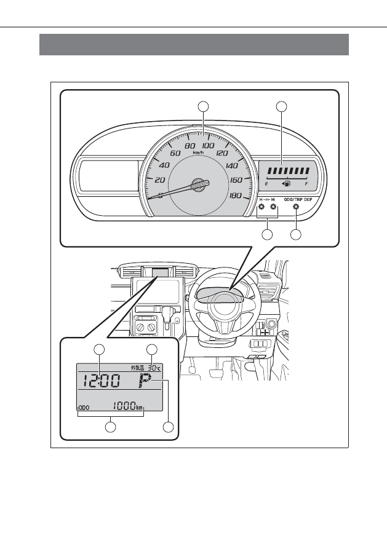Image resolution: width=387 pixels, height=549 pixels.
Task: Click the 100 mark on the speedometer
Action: click(x=209, y=146)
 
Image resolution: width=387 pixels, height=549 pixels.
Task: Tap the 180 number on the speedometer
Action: click(x=236, y=196)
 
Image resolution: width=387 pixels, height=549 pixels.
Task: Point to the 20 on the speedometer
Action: click(x=160, y=180)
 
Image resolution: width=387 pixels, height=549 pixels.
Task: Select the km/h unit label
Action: click(x=198, y=152)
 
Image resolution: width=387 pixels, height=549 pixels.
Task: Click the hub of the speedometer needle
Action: click(x=199, y=184)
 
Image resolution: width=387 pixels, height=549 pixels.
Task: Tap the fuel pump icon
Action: click(x=286, y=183)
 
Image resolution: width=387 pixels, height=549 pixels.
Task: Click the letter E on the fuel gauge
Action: click(x=267, y=184)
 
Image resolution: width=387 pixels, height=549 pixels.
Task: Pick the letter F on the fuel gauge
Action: click(x=306, y=184)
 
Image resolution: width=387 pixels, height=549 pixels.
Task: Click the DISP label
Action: click(x=308, y=200)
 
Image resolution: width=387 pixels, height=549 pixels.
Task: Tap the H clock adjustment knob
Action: click(x=261, y=207)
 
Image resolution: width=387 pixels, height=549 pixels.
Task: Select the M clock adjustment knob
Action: click(x=273, y=207)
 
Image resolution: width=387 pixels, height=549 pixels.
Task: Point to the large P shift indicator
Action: click(x=145, y=381)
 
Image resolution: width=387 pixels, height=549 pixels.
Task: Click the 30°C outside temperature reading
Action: click(x=154, y=368)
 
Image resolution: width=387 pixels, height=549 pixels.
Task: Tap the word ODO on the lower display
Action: click(x=84, y=408)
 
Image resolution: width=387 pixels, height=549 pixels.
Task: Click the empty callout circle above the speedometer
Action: click(x=203, y=106)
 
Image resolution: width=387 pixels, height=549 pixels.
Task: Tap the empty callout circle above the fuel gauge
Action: click(x=282, y=106)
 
